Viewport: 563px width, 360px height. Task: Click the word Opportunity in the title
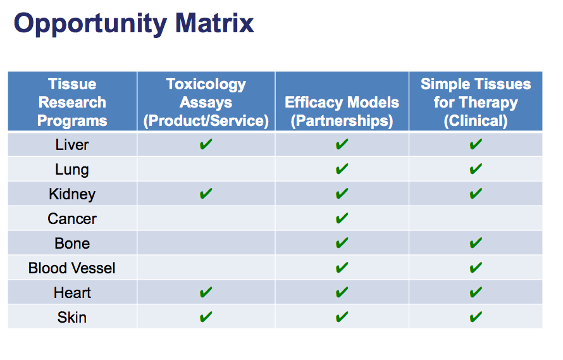point(90,24)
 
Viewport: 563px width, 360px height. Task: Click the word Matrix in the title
point(214,23)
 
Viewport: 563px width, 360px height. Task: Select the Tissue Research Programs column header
point(72,102)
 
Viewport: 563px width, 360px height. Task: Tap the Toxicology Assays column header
point(206,102)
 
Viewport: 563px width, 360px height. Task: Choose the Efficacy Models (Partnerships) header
point(342,111)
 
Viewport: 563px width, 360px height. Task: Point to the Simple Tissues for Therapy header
point(476,102)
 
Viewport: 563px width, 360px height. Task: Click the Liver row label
point(72,145)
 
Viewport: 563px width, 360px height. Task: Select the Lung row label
point(72,170)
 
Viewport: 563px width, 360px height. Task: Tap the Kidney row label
point(72,194)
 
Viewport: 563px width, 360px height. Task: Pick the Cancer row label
point(72,219)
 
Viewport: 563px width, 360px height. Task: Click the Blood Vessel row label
point(72,268)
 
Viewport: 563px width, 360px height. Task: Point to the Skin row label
point(72,317)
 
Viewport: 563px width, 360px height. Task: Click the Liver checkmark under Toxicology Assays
point(206,144)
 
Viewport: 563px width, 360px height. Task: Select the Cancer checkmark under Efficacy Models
point(342,218)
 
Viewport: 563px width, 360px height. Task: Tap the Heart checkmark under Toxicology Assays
point(206,292)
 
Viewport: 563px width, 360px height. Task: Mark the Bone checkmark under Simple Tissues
point(476,243)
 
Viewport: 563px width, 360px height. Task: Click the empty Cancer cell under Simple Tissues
point(476,218)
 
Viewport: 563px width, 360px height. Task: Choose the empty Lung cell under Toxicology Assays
point(206,169)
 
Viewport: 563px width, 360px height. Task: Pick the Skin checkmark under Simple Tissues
point(476,317)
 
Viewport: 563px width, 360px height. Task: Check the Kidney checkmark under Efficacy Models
point(342,194)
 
